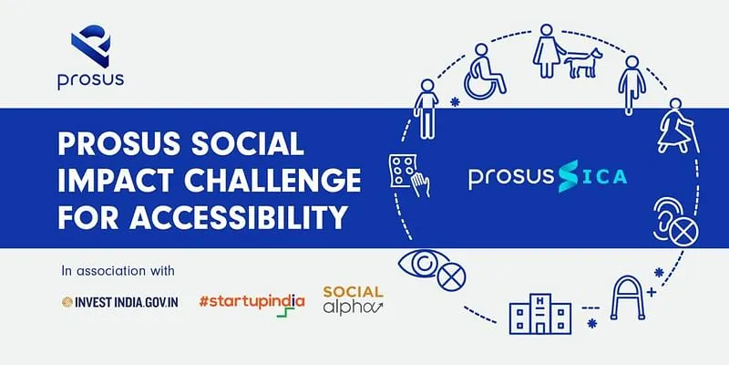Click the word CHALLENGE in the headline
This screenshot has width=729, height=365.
click(x=272, y=180)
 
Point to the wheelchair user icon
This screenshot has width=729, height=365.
click(x=485, y=72)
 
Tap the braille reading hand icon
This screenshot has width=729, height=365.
click(x=409, y=176)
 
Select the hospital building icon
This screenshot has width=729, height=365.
click(x=539, y=314)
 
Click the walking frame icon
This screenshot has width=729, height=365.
click(x=627, y=298)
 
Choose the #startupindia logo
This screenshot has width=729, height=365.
click(x=252, y=304)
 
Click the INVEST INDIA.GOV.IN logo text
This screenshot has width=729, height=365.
click(x=120, y=302)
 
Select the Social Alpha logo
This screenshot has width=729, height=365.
click(x=354, y=300)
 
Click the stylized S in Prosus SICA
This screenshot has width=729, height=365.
click(x=569, y=176)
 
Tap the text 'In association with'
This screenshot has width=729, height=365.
click(x=118, y=270)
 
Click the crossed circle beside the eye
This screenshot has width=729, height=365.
click(x=451, y=278)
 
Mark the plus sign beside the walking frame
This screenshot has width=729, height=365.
click(x=652, y=292)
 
